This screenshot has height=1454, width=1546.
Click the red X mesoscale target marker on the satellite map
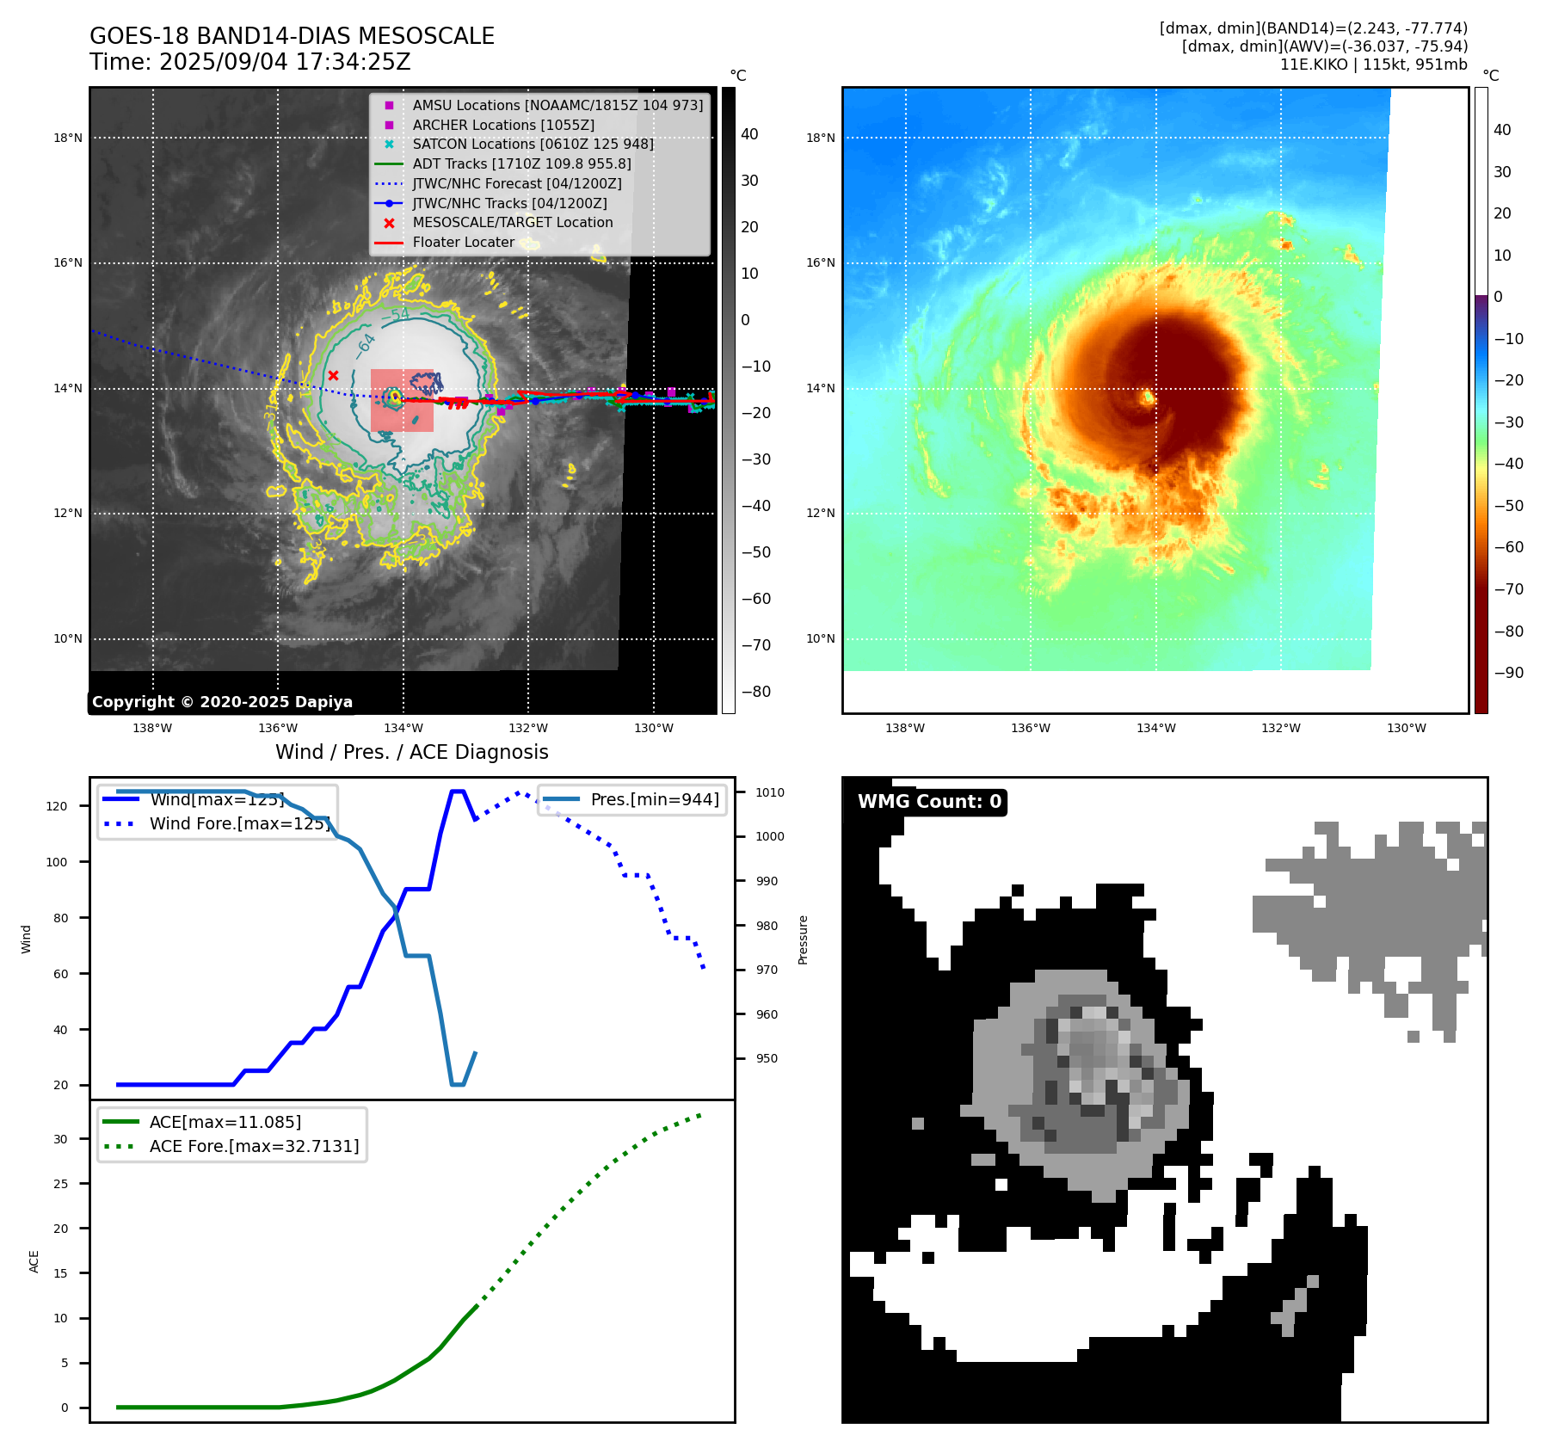point(333,376)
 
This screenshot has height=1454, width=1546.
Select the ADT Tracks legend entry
point(521,163)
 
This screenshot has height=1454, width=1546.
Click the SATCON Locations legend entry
point(533,144)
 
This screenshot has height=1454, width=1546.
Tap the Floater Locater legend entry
point(463,242)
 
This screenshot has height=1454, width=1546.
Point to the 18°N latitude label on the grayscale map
point(68,138)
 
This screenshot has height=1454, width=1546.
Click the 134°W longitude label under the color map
point(1155,728)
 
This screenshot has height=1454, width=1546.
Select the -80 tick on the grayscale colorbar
point(756,692)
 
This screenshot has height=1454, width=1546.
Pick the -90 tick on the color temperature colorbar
point(1508,673)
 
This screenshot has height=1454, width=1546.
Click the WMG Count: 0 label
point(929,802)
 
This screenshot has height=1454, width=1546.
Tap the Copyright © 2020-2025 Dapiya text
point(222,702)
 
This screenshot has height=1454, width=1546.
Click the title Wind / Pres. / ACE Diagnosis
point(411,752)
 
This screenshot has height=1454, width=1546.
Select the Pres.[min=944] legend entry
point(654,799)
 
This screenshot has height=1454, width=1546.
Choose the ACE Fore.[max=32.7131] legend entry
point(254,1146)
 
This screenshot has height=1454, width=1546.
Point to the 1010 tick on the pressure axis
point(770,792)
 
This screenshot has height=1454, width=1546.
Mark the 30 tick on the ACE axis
point(60,1139)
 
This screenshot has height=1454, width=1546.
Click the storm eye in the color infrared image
point(1148,397)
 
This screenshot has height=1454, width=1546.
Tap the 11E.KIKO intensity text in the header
point(1373,65)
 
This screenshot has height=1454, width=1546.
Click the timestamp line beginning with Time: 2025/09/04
point(250,62)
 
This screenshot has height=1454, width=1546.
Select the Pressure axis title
point(803,940)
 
